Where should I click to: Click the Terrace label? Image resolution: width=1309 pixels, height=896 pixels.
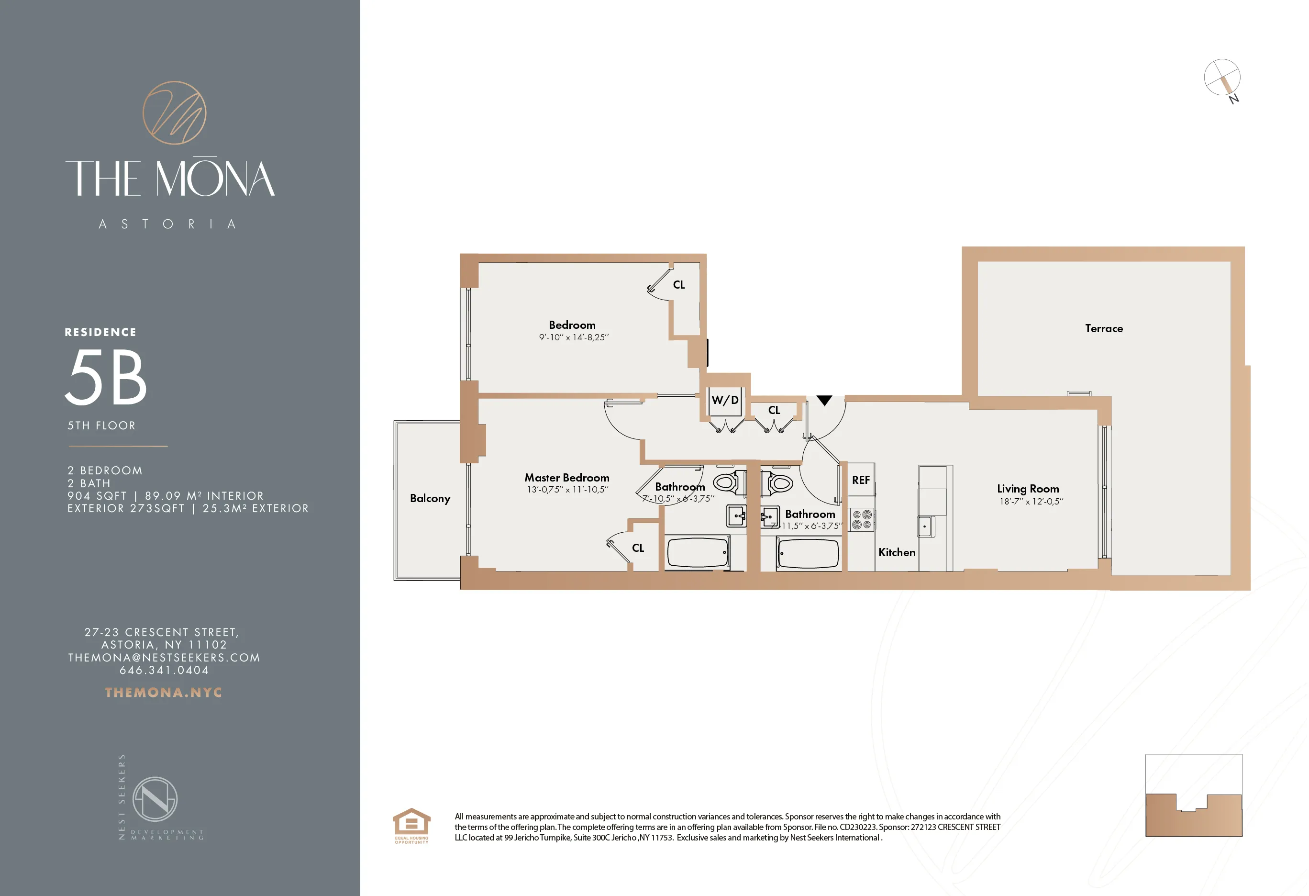(1103, 328)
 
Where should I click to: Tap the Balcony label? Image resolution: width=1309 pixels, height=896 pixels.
(430, 498)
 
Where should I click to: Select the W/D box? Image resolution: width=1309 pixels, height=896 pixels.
(725, 401)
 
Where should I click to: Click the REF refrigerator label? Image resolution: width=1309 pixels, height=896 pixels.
(861, 480)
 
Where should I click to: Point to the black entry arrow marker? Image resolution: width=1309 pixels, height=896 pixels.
(824, 401)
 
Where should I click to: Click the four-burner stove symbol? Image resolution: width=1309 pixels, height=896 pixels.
(861, 520)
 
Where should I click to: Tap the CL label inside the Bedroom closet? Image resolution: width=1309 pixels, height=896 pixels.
(679, 285)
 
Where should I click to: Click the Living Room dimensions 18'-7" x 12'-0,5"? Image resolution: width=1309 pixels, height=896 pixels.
(1031, 502)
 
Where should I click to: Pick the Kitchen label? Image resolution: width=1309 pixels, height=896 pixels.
(897, 553)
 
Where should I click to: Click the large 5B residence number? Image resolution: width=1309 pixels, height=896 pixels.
(106, 377)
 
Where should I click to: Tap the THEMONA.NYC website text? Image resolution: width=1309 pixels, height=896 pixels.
(163, 693)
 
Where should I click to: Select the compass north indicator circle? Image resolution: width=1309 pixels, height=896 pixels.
(1222, 78)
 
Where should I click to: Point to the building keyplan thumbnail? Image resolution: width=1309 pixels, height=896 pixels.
(1194, 795)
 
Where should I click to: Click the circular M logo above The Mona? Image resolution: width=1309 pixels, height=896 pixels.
(174, 112)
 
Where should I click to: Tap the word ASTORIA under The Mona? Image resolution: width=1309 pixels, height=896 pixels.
(167, 224)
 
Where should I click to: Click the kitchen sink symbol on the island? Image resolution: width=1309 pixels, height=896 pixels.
(925, 526)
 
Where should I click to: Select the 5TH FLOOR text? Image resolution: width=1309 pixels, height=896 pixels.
(101, 426)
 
